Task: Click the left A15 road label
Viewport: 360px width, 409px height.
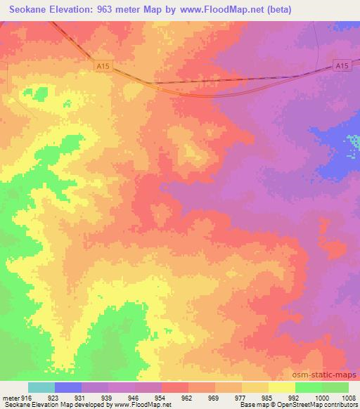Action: pyautogui.click(x=103, y=65)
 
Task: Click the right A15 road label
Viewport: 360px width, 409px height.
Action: pyautogui.click(x=341, y=65)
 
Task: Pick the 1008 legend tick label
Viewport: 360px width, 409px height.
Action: pyautogui.click(x=348, y=397)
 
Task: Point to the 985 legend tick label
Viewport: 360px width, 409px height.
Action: pyautogui.click(x=269, y=397)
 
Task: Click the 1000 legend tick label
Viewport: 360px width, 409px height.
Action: pyautogui.click(x=321, y=397)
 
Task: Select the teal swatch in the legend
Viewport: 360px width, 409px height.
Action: pyautogui.click(x=41, y=387)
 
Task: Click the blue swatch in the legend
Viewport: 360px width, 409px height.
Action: pyautogui.click(x=68, y=387)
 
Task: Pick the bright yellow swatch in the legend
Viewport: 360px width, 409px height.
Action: pyautogui.click(x=281, y=387)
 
